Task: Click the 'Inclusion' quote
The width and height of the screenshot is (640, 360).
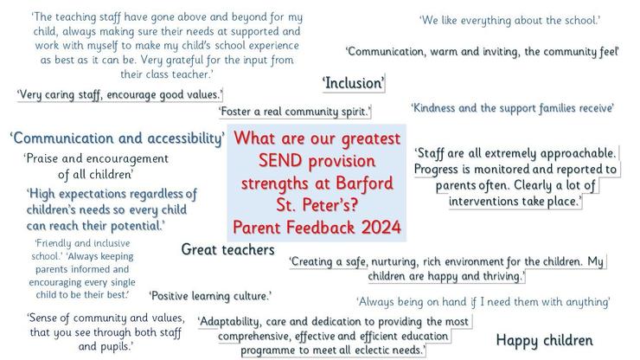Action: pyautogui.click(x=354, y=83)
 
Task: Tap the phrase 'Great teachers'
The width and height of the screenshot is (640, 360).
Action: pyautogui.click(x=228, y=249)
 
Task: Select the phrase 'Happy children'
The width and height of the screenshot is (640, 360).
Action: pyautogui.click(x=544, y=340)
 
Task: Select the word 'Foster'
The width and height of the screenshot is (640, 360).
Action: pyautogui.click(x=234, y=111)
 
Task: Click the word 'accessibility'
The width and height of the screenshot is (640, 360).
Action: pyautogui.click(x=186, y=138)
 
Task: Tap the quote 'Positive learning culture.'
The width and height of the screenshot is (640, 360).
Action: pyautogui.click(x=210, y=296)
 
